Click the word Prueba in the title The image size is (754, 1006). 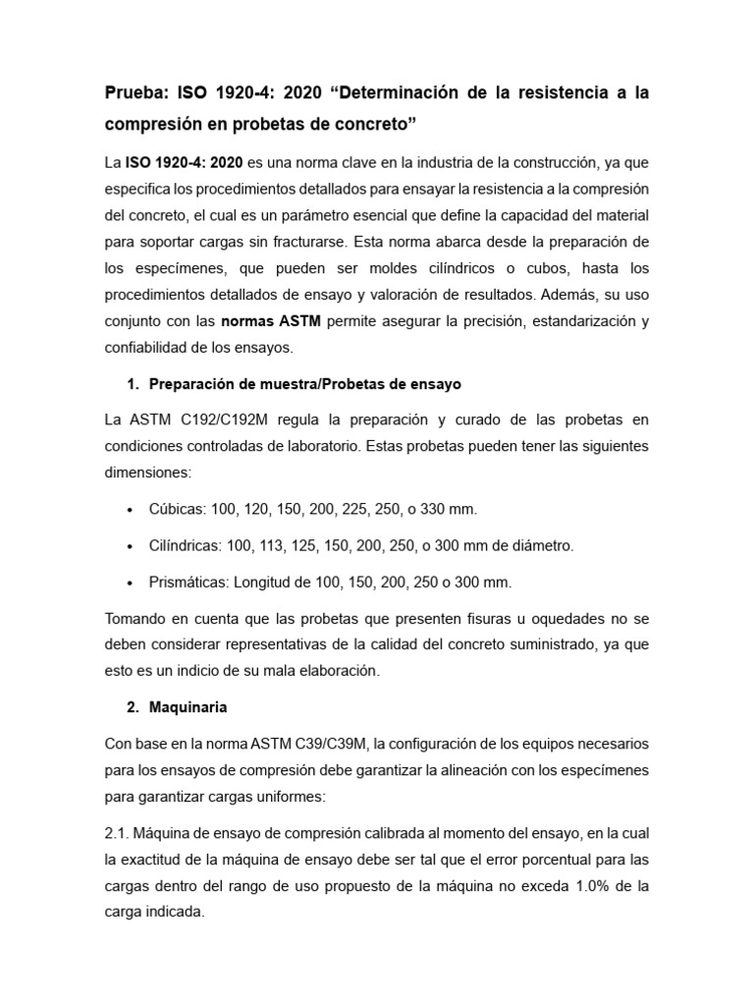pos(136,93)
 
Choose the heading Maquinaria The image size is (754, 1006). pos(189,706)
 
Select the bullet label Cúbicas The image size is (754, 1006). pos(177,508)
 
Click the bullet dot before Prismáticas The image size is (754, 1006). pos(132,583)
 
